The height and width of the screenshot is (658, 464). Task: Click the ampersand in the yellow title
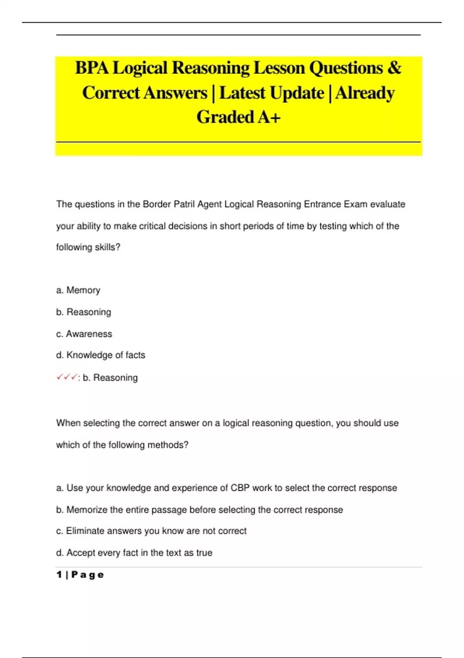[x=394, y=68]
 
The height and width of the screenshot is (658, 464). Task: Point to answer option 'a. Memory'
[x=78, y=290]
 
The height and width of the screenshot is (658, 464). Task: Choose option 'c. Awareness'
[x=84, y=334]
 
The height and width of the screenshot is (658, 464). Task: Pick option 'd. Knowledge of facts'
[x=101, y=355]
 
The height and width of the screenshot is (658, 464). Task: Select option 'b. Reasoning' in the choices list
[x=84, y=312]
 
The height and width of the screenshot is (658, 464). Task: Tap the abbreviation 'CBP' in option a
[x=240, y=488]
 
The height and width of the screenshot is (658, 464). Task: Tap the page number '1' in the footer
[x=59, y=575]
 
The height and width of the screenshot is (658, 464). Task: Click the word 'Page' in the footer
[x=88, y=575]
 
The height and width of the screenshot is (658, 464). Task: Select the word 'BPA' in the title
[x=92, y=68]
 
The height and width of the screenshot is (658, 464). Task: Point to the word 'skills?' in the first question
[x=107, y=247]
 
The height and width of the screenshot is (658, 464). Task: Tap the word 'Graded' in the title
[x=225, y=117]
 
